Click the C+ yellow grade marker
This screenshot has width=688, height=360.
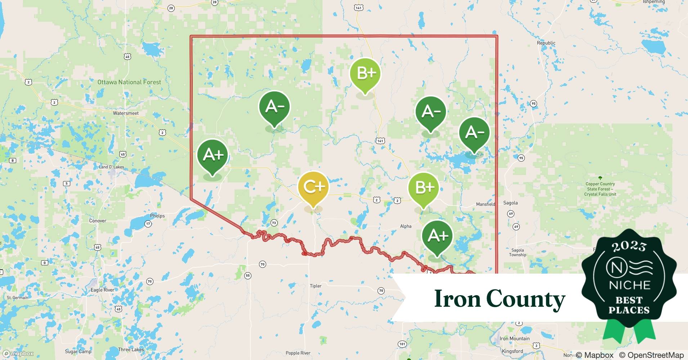coord(313,187)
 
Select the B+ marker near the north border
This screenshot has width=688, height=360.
coord(365,73)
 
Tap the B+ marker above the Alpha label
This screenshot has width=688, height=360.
coord(424,188)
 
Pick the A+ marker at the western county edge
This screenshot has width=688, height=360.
coord(213,155)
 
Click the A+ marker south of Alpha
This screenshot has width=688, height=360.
coord(437,236)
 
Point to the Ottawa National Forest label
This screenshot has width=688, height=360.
coord(129,82)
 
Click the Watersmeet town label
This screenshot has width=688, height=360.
coord(126,113)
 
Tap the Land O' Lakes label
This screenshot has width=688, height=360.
coord(111,167)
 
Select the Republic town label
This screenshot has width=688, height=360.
coord(546,43)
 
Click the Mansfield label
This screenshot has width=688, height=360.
coord(486,204)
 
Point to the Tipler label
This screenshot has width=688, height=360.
coord(316,286)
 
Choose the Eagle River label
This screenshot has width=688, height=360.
coord(102,290)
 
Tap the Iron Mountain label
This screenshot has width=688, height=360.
coord(514,338)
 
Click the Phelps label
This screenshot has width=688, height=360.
coord(157,216)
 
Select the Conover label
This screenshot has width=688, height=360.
coord(98,221)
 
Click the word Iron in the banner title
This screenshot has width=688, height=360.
coord(456,299)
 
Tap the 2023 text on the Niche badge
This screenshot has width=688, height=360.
coord(629,246)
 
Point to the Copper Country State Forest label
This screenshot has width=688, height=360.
coord(600,189)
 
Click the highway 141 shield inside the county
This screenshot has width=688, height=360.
coord(380,141)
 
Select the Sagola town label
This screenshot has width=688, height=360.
coord(510,203)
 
